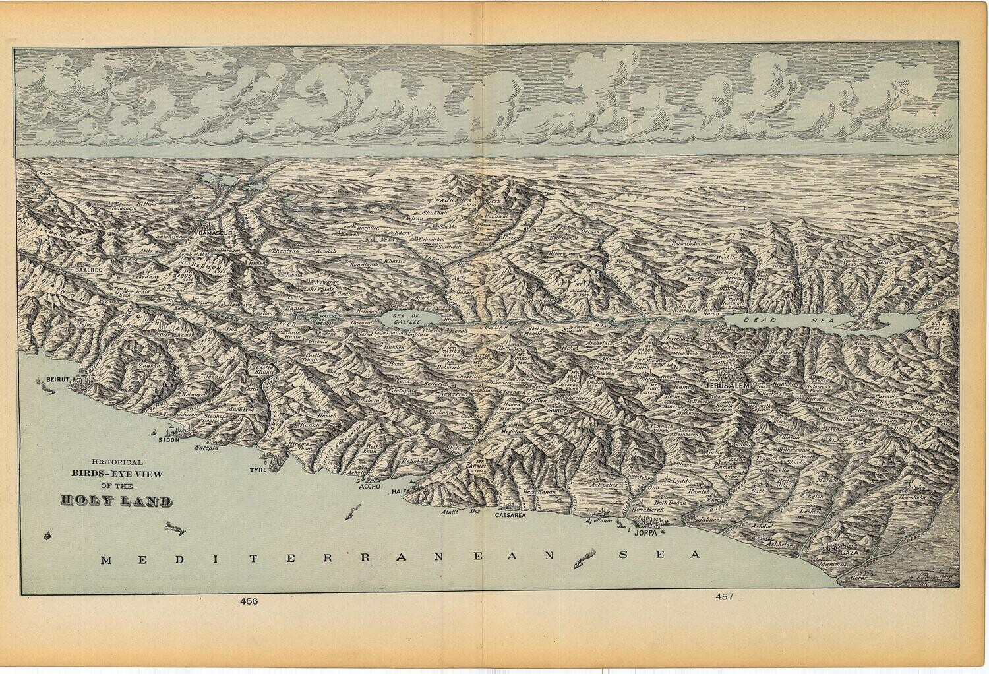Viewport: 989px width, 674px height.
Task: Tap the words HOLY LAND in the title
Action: click(116, 501)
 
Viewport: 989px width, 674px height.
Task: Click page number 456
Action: click(249, 601)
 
